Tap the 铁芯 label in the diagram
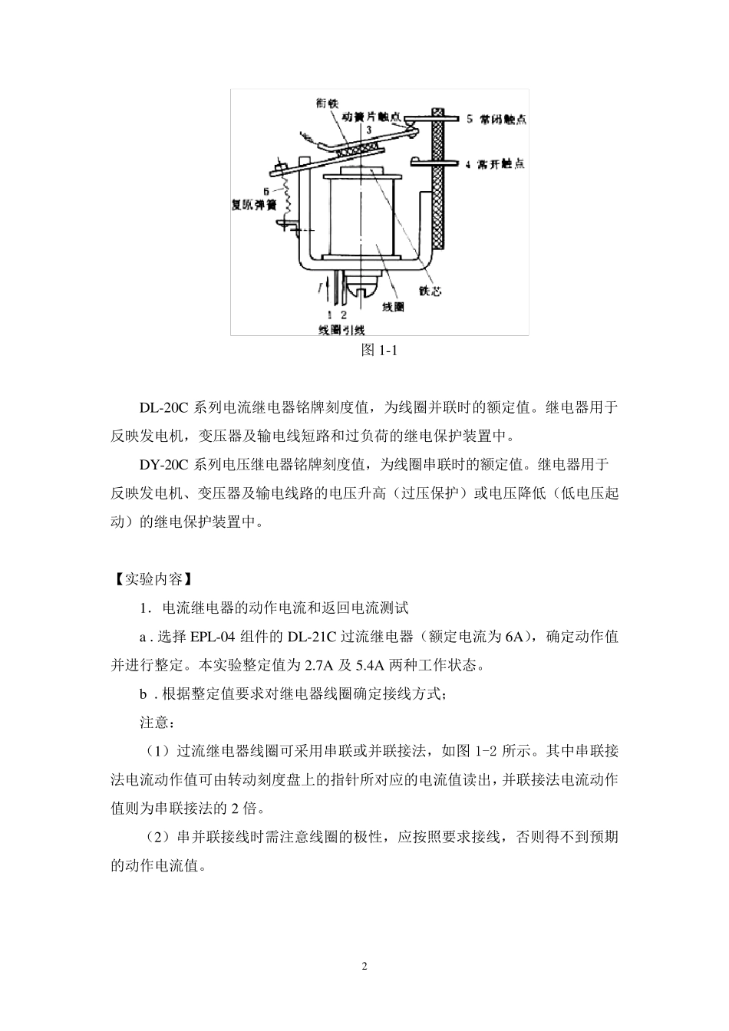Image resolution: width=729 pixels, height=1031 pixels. coord(430,291)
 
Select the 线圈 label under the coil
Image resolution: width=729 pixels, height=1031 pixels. coord(393,306)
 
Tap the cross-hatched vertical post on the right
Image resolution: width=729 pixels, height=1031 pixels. coord(440,176)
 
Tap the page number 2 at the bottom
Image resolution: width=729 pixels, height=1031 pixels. coord(364,966)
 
